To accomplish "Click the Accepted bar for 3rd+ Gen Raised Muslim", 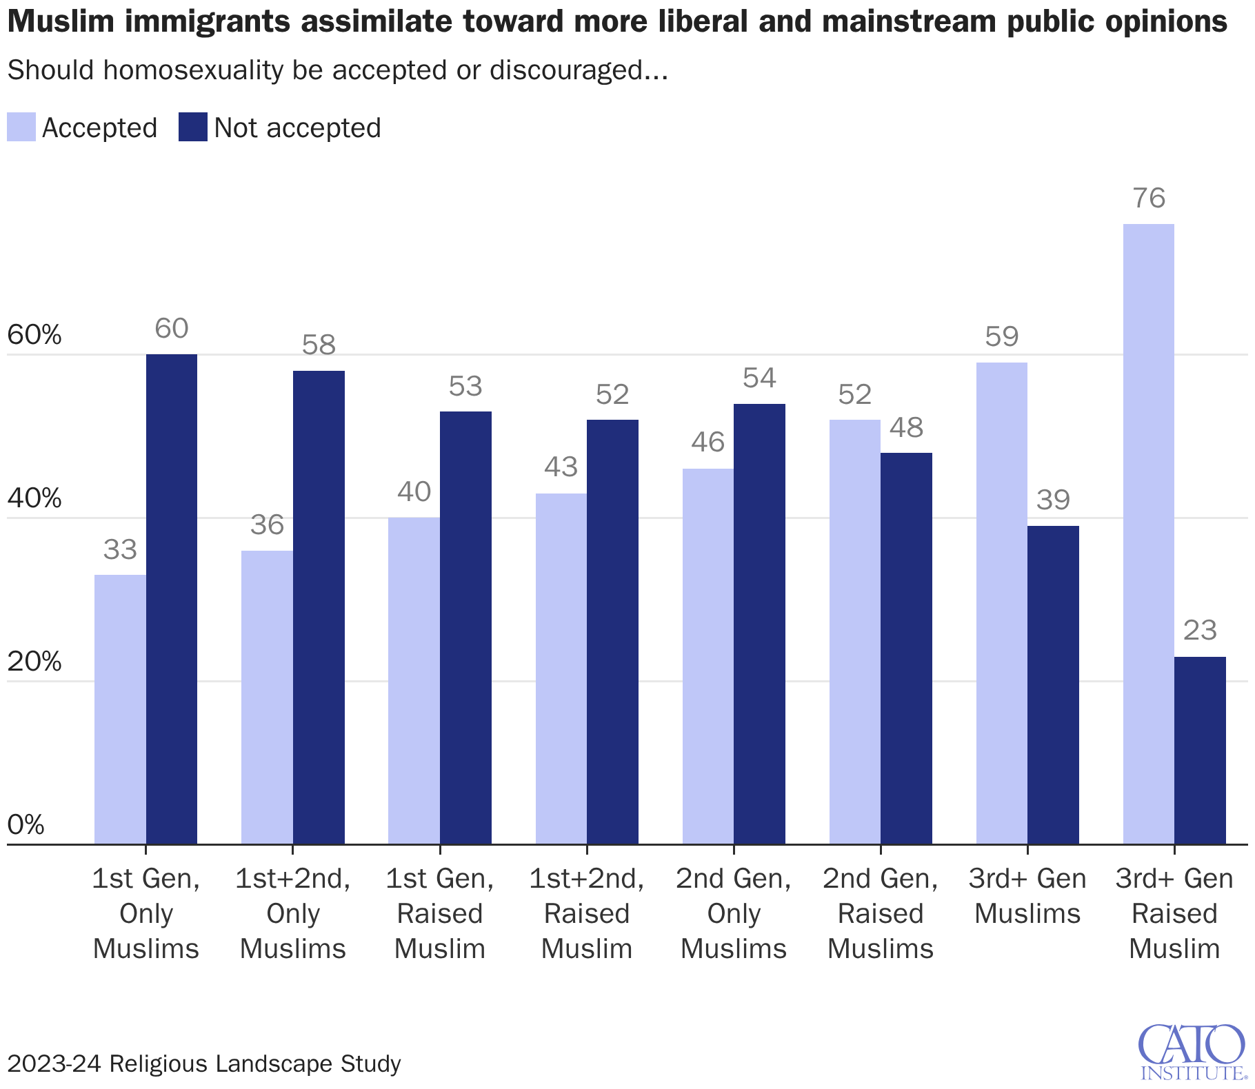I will (x=1148, y=534).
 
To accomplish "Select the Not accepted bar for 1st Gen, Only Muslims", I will (x=172, y=599).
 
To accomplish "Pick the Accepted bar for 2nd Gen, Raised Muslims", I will (x=854, y=631).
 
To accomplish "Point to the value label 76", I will (x=1149, y=199).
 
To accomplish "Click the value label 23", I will (x=1200, y=631).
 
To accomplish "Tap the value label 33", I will (x=120, y=549).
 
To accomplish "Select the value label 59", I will (x=1002, y=336).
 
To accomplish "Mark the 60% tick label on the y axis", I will (x=34, y=336).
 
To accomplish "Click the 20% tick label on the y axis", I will (x=34, y=662).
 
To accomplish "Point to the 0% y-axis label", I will (x=26, y=824).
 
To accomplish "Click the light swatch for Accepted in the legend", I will (x=21, y=128).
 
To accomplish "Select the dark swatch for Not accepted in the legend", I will (x=192, y=128).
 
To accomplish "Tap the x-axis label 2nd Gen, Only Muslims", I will (x=734, y=913).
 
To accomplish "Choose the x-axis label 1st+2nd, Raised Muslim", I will (x=587, y=913).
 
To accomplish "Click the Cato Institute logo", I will (x=1192, y=1052).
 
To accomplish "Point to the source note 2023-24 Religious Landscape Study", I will (x=204, y=1063).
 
